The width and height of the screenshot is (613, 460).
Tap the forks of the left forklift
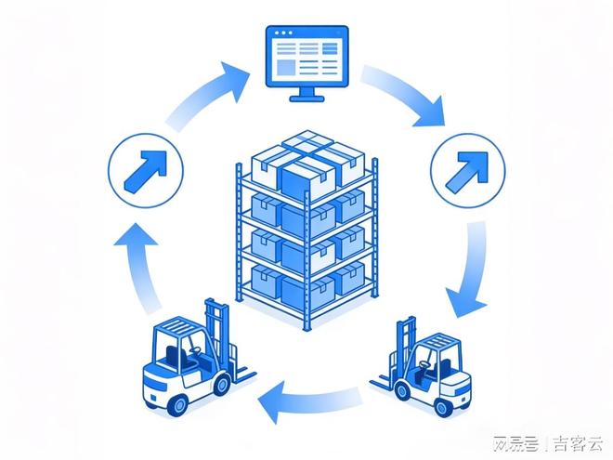coord(243,373)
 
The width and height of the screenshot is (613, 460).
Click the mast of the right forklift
coord(408,348)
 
